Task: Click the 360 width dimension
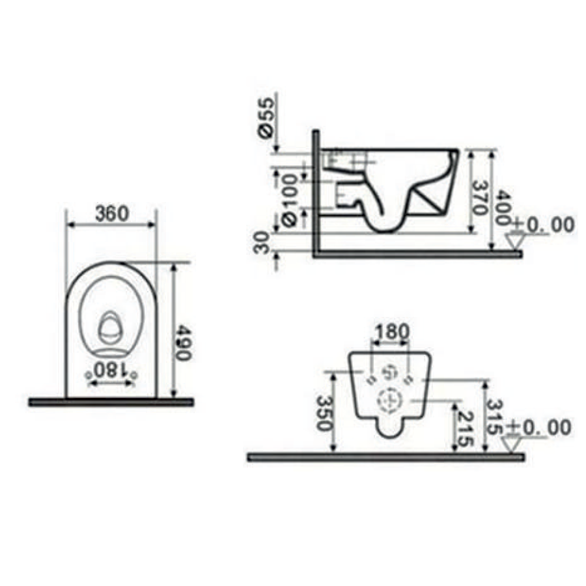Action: point(112,214)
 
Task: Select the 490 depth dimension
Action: point(183,342)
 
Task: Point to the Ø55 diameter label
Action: point(268,118)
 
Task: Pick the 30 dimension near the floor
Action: point(261,242)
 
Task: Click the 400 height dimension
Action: point(503,208)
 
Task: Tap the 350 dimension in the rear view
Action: point(324,413)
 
